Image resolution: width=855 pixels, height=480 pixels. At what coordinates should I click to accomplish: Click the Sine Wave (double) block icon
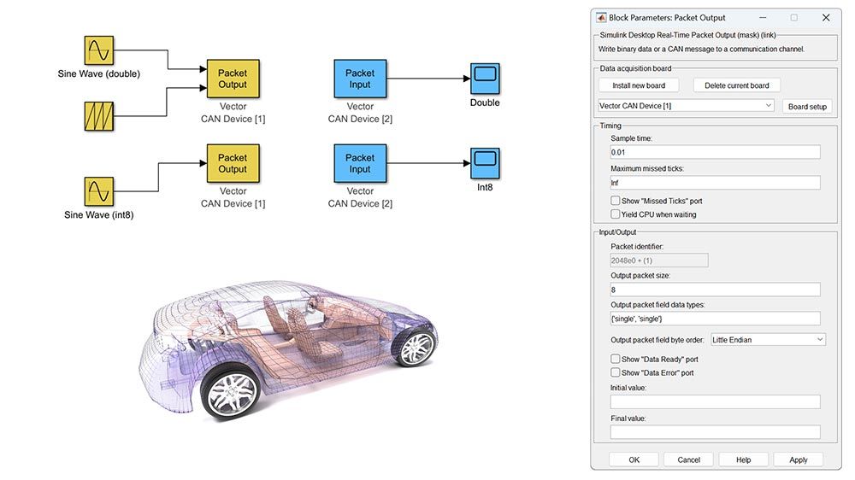coord(98,51)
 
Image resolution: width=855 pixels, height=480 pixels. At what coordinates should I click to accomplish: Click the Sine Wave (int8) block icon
coord(98,192)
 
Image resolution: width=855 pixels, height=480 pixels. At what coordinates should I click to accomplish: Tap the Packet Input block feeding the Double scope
coord(360,79)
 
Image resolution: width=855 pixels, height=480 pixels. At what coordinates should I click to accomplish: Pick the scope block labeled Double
coord(485,79)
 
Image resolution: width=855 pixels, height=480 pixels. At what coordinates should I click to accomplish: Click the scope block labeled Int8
coord(485,162)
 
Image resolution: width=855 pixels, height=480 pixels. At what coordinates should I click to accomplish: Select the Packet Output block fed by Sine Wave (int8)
coord(233,163)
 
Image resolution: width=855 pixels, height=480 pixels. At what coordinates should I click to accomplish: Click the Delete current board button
coord(736,85)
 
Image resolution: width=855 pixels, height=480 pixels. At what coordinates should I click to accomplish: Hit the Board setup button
coord(807,106)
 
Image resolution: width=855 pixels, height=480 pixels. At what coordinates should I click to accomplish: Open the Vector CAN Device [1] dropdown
coord(687,106)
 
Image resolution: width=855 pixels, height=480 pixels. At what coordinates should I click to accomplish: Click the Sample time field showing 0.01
coord(715,152)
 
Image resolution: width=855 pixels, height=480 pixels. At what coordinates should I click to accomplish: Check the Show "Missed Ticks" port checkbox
coord(616,201)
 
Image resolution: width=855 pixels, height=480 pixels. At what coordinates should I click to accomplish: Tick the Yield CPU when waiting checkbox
coord(616,214)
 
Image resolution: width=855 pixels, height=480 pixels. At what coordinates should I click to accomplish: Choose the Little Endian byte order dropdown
coord(768,340)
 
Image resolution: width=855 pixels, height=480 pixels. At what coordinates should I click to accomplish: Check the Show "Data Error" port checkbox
coord(616,372)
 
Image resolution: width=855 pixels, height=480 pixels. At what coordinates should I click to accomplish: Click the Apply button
coord(798,460)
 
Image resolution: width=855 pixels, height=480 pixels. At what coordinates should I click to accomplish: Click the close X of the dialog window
coord(825,17)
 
